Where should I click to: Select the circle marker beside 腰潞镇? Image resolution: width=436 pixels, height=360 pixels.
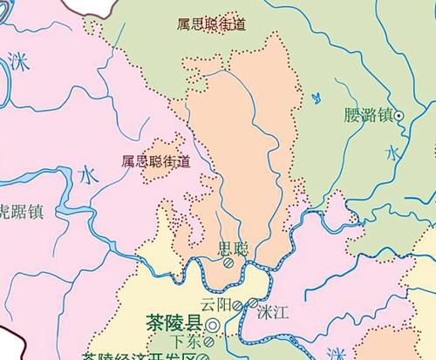399,115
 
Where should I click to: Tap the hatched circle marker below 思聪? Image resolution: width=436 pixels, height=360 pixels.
229,262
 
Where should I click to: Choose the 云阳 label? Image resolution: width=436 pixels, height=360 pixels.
218,305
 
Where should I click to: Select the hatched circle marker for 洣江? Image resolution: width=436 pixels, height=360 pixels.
253,304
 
